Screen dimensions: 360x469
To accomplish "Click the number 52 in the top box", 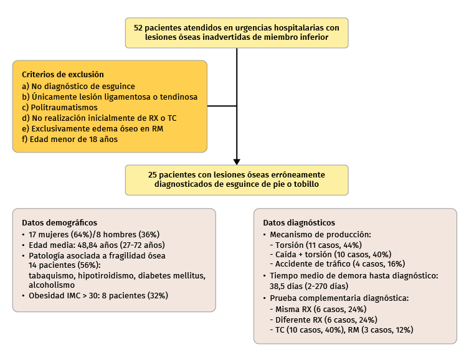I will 139,27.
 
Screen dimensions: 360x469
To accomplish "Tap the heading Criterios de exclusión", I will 62,74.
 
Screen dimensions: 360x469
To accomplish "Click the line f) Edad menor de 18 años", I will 70,140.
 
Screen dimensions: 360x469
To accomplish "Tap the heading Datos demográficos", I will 59,222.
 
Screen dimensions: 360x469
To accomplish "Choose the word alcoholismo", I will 52,285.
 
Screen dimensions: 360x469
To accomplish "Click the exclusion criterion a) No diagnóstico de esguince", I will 78,86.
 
